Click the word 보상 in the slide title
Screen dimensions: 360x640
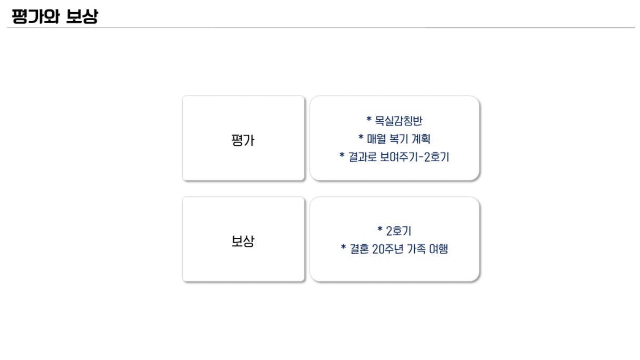tap(82, 16)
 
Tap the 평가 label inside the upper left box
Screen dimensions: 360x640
tap(243, 141)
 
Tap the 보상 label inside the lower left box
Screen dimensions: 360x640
tap(243, 242)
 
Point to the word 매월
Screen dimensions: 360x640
tap(377, 138)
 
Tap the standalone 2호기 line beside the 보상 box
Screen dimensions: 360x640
tap(398, 231)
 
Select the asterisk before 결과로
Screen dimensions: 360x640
tap(342, 156)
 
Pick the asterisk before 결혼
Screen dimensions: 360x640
tap(344, 248)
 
